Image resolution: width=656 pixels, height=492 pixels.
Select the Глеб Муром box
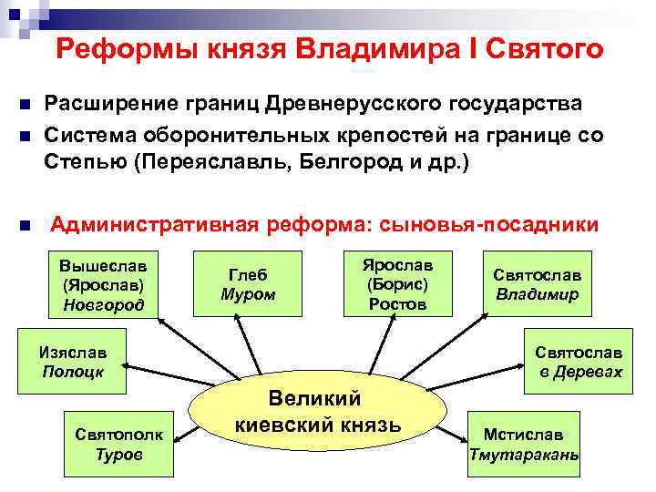(x=248, y=284)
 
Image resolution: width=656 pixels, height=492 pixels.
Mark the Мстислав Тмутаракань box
(x=523, y=444)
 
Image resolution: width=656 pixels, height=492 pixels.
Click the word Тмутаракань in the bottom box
(x=523, y=453)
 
